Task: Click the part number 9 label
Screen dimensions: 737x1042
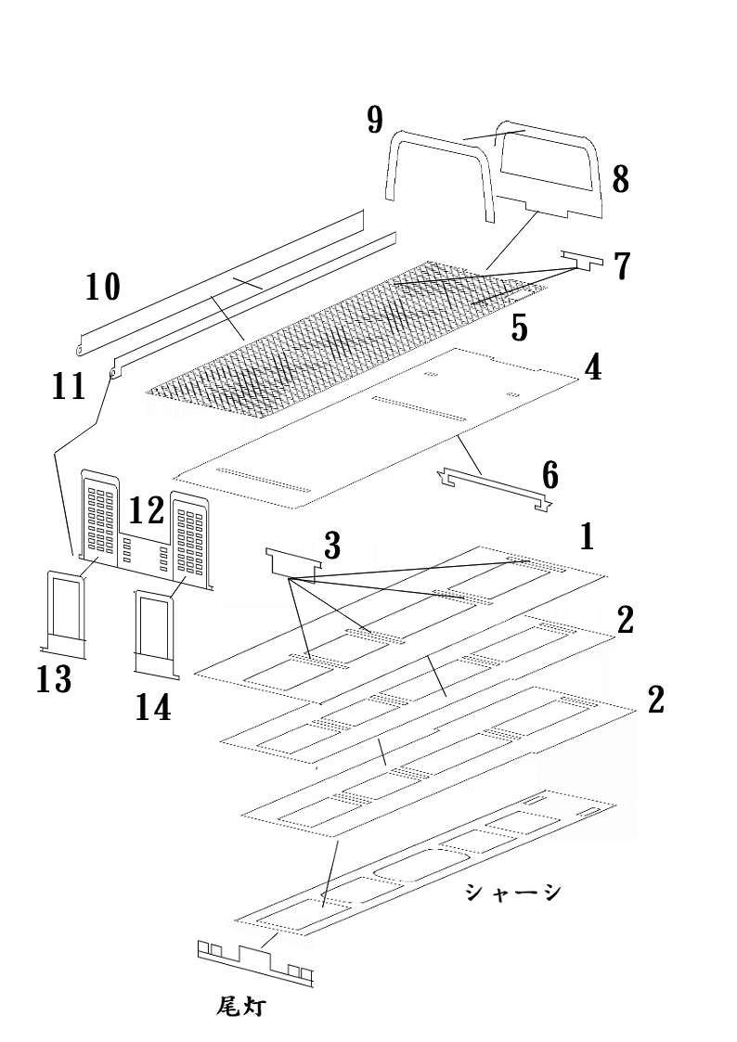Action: pyautogui.click(x=375, y=121)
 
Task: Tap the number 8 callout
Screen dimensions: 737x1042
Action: pyautogui.click(x=620, y=179)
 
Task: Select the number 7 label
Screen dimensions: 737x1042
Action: pyautogui.click(x=622, y=265)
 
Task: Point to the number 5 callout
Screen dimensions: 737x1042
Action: pyautogui.click(x=519, y=328)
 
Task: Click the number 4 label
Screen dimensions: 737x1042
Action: pyautogui.click(x=593, y=367)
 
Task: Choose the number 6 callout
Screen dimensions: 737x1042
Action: pyautogui.click(x=550, y=476)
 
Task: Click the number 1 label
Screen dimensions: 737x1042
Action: pyautogui.click(x=587, y=537)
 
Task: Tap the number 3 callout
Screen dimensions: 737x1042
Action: pyautogui.click(x=332, y=545)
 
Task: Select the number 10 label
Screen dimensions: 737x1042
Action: pyautogui.click(x=104, y=287)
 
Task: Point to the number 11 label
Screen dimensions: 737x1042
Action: pyautogui.click(x=69, y=386)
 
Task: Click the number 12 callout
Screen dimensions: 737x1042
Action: pyautogui.click(x=147, y=511)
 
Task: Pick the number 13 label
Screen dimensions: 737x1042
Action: pyautogui.click(x=55, y=680)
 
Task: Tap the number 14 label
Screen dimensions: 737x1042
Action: pyautogui.click(x=153, y=707)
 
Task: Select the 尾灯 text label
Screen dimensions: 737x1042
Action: pyautogui.click(x=240, y=1008)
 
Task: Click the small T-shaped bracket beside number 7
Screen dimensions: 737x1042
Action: pyautogui.click(x=582, y=261)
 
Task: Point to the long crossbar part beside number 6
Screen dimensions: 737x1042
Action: pyautogui.click(x=495, y=488)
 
